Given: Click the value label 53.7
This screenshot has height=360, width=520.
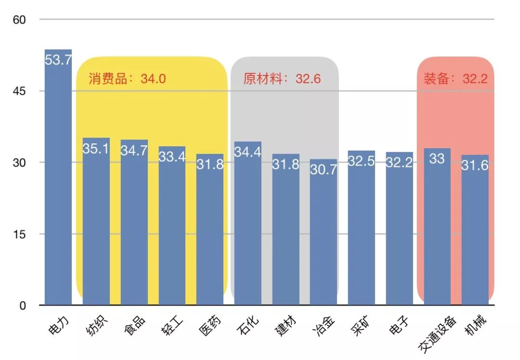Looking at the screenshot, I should pyautogui.click(x=58, y=60).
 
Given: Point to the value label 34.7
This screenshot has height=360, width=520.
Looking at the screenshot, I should pyautogui.click(x=134, y=151).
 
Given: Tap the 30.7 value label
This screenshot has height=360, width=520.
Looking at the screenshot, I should pyautogui.click(x=324, y=170).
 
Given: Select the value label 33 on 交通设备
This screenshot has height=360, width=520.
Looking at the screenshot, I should pyautogui.click(x=437, y=159).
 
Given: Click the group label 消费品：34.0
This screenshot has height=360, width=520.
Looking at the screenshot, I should pyautogui.click(x=127, y=79).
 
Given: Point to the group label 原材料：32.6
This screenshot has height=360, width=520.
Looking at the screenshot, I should pyautogui.click(x=282, y=79).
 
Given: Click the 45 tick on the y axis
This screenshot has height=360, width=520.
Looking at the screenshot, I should pyautogui.click(x=19, y=91).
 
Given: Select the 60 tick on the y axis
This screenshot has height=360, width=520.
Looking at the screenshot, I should pyautogui.click(x=19, y=20).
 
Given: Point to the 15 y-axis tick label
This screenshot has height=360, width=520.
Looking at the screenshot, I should pyautogui.click(x=19, y=234).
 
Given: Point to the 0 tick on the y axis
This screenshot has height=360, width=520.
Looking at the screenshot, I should pyautogui.click(x=23, y=306).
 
